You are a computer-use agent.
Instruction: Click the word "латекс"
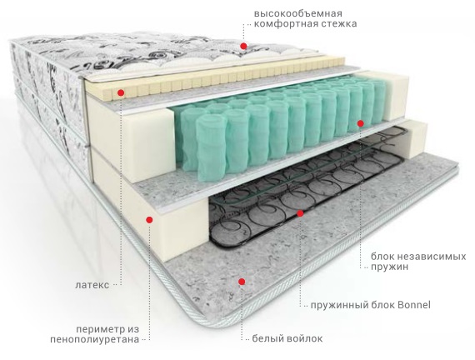[92, 285]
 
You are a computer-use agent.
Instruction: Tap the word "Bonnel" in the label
[414, 304]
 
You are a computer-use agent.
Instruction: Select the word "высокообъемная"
[298, 13]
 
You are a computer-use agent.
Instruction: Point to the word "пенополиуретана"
[95, 339]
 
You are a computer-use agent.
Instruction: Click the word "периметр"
[99, 329]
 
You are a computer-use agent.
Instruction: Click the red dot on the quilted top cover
[243, 46]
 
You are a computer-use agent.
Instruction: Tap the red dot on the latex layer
[121, 92]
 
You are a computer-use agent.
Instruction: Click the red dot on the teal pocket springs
[360, 123]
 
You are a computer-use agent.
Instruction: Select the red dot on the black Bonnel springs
[300, 213]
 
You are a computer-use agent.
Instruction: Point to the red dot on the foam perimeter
[149, 220]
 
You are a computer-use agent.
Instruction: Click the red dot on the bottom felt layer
[242, 282]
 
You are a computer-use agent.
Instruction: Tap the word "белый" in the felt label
[267, 338]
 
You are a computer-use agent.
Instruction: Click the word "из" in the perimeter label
[132, 329]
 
